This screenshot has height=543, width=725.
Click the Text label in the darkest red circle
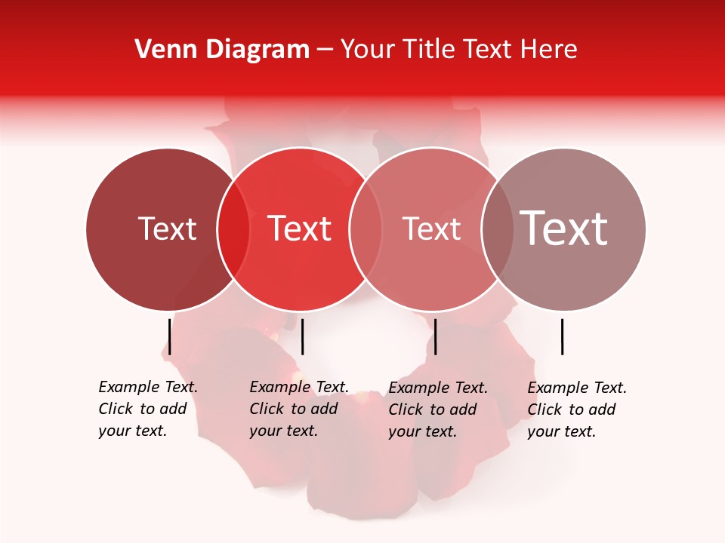coord(167,229)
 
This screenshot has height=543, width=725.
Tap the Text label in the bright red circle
coord(300,229)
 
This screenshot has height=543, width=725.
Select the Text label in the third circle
coord(431,229)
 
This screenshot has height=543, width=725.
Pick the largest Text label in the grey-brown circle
coord(564,229)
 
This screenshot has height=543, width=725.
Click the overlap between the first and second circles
coord(233,229)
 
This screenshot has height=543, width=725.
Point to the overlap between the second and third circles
coord(366,229)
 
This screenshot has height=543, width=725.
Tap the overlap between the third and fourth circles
coord(497,229)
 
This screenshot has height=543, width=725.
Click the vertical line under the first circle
coord(170,336)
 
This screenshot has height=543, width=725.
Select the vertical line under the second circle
coord(302,336)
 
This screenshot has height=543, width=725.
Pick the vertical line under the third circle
coord(436,336)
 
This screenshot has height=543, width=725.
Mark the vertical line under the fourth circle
coord(563,336)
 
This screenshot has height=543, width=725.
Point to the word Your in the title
coord(368,50)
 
